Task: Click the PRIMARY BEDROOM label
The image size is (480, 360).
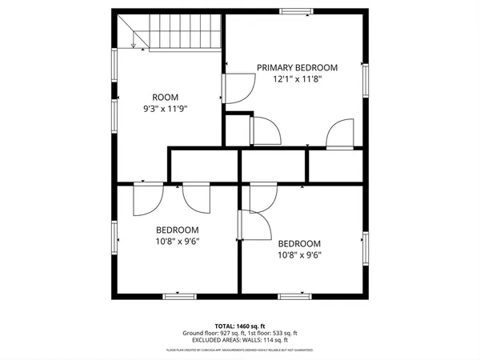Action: [297, 67]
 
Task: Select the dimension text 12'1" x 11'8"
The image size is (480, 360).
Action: [297, 79]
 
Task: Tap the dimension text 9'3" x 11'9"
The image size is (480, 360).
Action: [170, 108]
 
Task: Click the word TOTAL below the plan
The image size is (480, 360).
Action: [225, 326]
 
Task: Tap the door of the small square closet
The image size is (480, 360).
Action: [264, 130]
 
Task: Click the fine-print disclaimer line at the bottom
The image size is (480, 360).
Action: [240, 350]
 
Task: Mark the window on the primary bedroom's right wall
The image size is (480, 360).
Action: [366, 81]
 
